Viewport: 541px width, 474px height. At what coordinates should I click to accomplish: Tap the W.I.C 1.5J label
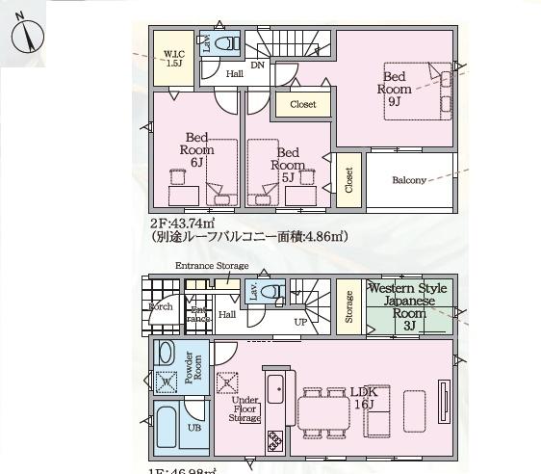click(x=173, y=57)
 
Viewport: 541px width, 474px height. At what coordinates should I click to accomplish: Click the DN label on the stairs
click(x=257, y=66)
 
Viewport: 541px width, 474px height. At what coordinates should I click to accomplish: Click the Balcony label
click(x=409, y=180)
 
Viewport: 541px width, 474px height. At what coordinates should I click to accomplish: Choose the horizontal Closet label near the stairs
click(x=302, y=104)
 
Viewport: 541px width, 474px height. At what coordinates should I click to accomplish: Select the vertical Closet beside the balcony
click(x=348, y=180)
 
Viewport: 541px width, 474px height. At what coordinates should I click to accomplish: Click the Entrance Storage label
click(x=211, y=266)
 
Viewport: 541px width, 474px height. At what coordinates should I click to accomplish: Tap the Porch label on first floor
click(x=160, y=307)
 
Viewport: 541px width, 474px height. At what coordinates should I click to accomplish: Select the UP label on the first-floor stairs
click(x=300, y=322)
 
